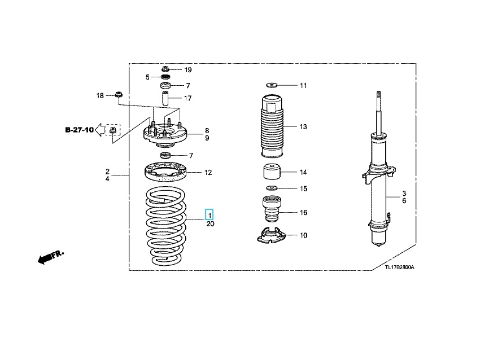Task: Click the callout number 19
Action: (x=188, y=70)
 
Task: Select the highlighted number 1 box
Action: (x=210, y=215)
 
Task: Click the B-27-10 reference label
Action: (x=79, y=130)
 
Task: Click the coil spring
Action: (x=166, y=226)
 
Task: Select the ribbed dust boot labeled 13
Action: (x=272, y=126)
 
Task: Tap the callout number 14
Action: (x=303, y=172)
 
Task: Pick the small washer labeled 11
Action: (x=272, y=84)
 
